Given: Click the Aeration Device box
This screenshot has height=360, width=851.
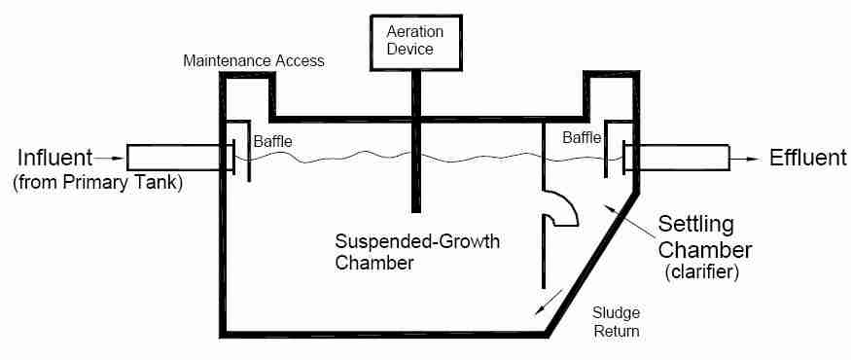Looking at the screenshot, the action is coord(416,42).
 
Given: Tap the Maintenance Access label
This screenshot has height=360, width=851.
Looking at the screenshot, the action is coord(254,60).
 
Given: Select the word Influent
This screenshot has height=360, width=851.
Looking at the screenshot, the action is coord(55,158).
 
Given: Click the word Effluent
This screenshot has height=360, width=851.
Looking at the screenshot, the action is coord(808,158).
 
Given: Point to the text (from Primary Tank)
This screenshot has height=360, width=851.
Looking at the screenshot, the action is coord(97,183).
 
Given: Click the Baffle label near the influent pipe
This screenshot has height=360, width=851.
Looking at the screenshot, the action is coord(273,142).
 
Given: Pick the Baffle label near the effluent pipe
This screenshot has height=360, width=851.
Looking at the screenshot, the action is coord(582,138).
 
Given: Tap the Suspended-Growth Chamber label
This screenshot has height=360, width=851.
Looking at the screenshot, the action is coord(417,252).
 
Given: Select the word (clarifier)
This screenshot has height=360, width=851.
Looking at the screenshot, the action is coord(702,271).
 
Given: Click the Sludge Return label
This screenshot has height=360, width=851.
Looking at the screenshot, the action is coord(616,321).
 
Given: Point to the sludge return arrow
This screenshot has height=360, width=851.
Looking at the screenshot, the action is coord(549,303).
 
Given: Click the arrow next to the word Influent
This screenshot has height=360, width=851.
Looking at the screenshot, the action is coord(108,159).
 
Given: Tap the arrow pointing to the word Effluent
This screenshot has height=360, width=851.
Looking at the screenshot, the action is coord(744,159).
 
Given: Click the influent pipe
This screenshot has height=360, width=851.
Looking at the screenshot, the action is coord(175,158).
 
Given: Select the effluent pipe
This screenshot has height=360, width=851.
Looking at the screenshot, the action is coord(685,158).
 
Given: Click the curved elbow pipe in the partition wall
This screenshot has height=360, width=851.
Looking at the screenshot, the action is coord(563,209).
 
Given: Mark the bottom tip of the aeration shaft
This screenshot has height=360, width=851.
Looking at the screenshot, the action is coord(415,212).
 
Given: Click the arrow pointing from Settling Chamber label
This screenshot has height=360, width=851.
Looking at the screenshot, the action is coord(630,221).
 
